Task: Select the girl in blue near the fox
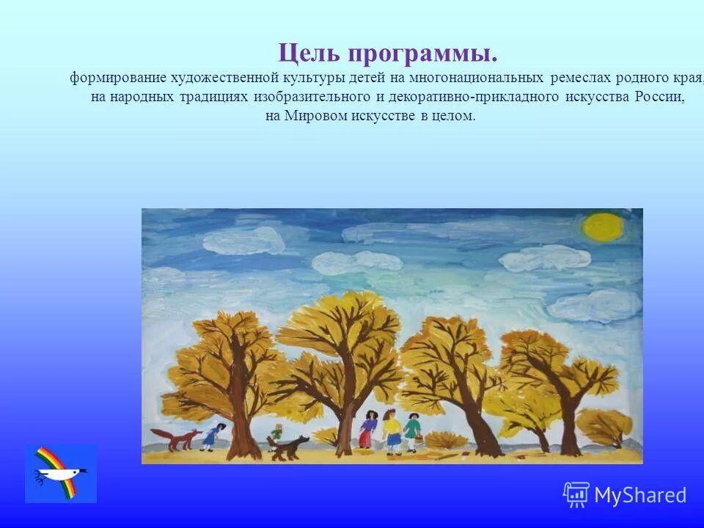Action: pos(211,436)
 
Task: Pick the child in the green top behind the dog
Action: pos(274,439)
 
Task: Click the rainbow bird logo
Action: pos(60,473)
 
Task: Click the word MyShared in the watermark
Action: pos(640,495)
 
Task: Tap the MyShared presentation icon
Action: pos(576,495)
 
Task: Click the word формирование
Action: pos(118,78)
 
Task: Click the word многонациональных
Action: pos(477,78)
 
